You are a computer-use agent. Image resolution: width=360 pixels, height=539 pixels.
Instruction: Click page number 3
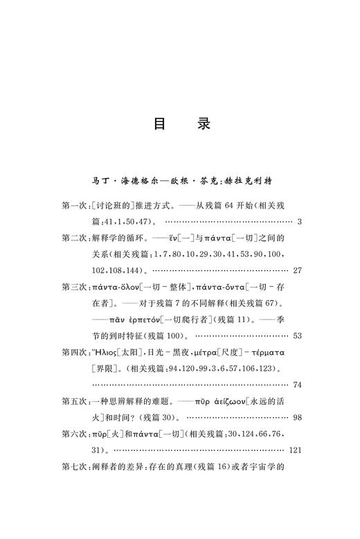[x=298, y=222]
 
